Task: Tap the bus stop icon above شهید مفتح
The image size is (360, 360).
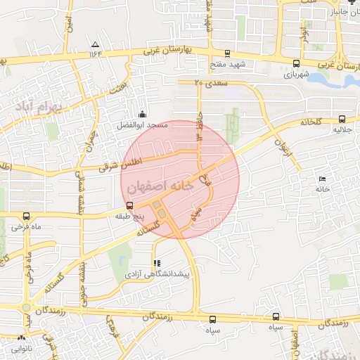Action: click(227, 53)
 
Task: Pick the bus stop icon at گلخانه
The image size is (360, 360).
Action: click(342, 120)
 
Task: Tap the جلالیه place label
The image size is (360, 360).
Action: click(342, 131)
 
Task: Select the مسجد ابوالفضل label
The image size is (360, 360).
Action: click(142, 125)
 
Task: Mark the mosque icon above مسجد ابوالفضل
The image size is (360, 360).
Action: click(143, 115)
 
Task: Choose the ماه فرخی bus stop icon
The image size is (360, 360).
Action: click(27, 217)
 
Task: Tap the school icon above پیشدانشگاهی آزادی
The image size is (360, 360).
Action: click(157, 263)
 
